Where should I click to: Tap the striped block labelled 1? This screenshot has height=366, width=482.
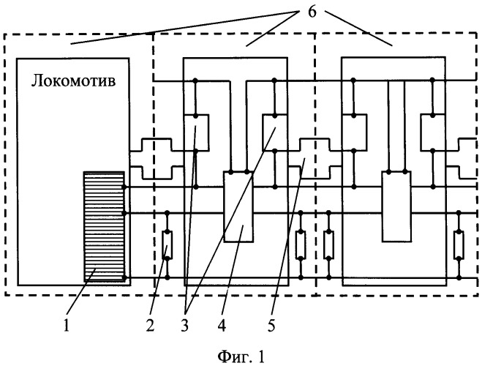(104, 225)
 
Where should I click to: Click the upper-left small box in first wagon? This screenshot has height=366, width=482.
(195, 131)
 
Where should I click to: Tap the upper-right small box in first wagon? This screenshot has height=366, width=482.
(275, 131)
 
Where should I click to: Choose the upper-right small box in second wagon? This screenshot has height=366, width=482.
(434, 131)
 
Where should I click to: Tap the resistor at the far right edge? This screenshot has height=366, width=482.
(459, 246)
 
